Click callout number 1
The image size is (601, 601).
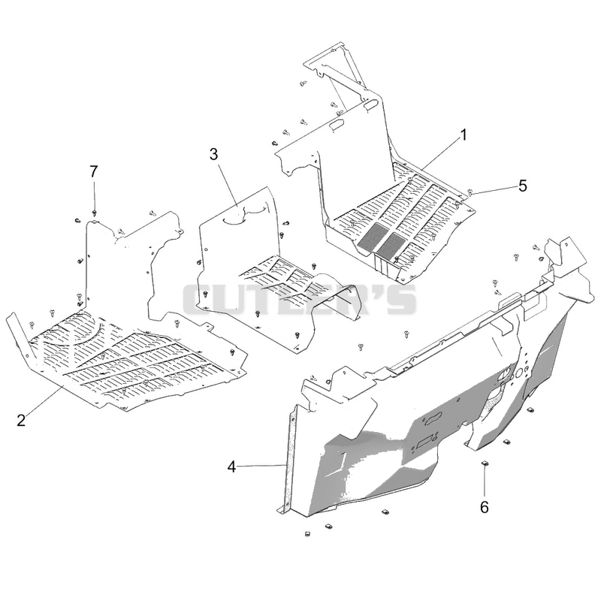pos(464,135)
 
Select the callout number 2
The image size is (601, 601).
pos(21,420)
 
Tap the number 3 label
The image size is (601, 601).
pos(213,154)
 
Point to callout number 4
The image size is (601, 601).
pos(231,467)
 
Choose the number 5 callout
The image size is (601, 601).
pos(523,186)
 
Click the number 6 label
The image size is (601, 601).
pos(485,508)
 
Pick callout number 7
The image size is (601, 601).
pos(94,172)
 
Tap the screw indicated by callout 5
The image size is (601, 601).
pos(471,192)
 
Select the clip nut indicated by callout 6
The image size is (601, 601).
pos(485,464)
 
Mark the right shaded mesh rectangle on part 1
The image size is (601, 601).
pos(391,244)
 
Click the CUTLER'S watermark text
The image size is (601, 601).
pos(299,299)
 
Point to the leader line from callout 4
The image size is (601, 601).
pos(261,466)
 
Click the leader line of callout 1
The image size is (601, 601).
pos(440,154)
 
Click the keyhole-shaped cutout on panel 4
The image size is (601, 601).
pos(431,418)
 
